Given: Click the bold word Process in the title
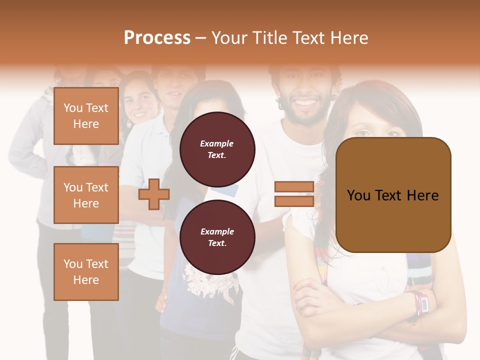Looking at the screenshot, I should click(x=157, y=38).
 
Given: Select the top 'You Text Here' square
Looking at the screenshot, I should click(x=86, y=116).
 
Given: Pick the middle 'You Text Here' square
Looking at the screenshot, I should click(x=86, y=195).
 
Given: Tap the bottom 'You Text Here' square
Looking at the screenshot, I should click(x=86, y=271).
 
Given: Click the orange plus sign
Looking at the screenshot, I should click(x=153, y=194).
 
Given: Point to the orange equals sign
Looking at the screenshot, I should click(x=294, y=194).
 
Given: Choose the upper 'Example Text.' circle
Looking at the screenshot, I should click(x=217, y=149).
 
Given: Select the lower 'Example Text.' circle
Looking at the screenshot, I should click(x=217, y=237).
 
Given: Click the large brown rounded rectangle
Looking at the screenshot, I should click(x=393, y=195).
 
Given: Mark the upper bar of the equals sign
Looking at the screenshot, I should click(x=294, y=187).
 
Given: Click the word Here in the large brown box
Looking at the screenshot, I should click(x=422, y=195).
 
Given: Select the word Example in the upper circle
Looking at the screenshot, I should click(x=217, y=143).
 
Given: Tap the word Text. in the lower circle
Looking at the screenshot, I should click(x=217, y=243).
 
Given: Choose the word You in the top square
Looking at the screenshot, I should click(x=73, y=108).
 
